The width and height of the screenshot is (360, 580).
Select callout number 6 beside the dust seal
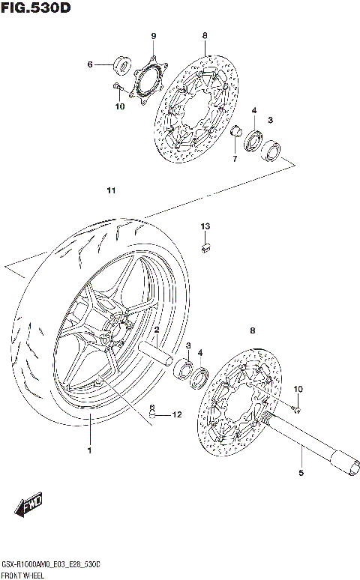[90, 65]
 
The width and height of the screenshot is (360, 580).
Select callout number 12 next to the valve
[177, 414]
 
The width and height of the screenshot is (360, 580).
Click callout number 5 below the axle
[301, 473]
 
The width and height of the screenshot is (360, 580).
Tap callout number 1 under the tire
[89, 450]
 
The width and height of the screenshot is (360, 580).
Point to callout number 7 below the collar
[233, 158]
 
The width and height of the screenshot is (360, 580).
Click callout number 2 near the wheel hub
[157, 330]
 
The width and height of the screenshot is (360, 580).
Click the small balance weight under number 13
[205, 247]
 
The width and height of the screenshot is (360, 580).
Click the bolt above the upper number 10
[118, 89]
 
